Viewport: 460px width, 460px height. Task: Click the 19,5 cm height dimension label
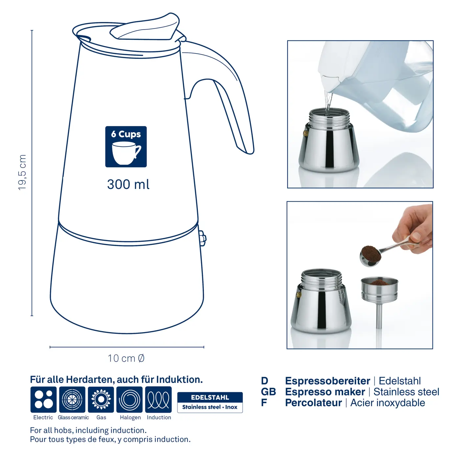22,172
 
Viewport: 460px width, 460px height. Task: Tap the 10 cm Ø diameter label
126,358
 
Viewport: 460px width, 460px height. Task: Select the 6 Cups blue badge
126,147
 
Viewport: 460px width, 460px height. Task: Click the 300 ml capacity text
128,184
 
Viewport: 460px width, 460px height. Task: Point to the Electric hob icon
43,400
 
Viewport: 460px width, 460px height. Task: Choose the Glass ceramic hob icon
72,400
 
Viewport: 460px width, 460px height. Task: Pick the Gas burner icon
101,400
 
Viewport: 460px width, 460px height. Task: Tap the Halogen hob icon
130,400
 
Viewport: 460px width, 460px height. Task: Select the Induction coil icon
158,400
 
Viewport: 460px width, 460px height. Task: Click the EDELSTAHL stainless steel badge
210,402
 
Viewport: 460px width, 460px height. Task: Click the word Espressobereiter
327,381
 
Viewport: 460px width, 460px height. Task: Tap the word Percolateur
313,403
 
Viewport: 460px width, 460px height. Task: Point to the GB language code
268,392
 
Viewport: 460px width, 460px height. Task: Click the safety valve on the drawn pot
202,238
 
